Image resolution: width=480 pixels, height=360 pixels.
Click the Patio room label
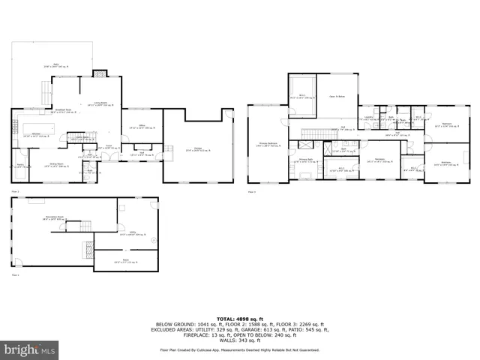click(x=52, y=67)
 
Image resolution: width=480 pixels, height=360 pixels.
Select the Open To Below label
click(x=337, y=97)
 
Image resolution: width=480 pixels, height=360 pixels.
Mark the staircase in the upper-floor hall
click(x=310, y=133)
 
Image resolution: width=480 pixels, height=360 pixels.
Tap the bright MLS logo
click(x=29, y=349)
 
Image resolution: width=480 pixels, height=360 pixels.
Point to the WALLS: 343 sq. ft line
click(x=240, y=340)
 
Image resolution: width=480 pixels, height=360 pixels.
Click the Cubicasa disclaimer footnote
click(x=240, y=349)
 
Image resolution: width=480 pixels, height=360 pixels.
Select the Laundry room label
click(x=367, y=117)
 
